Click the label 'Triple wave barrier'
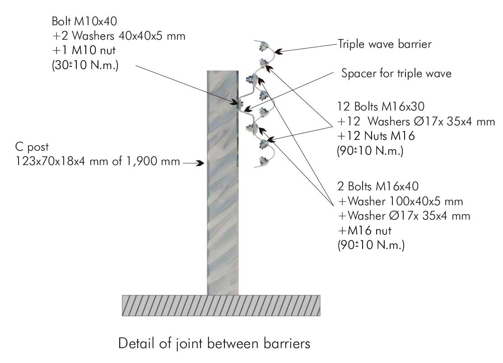pyautogui.click(x=385, y=44)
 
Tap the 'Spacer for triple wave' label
pyautogui.click(x=396, y=74)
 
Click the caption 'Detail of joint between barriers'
pyautogui.click(x=214, y=344)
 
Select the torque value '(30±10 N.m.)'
pyautogui.click(x=85, y=65)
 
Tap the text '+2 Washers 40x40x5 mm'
pyautogui.click(x=119, y=37)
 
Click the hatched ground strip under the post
pyautogui.click(x=221, y=305)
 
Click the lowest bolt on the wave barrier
pyautogui.click(x=262, y=161)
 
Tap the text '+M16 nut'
pyautogui.click(x=363, y=230)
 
